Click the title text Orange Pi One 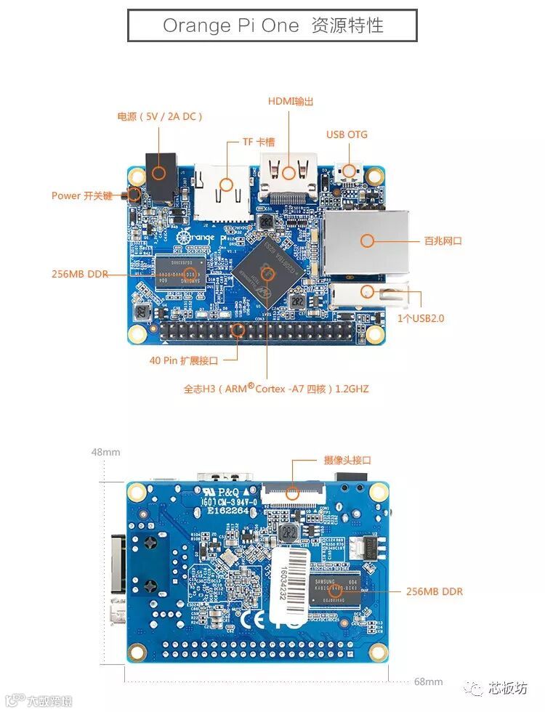pos(230,25)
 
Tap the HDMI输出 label pos(291,102)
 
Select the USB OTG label pos(347,134)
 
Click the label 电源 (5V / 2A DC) pos(160,116)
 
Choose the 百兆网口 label pos(443,240)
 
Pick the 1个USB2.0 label pos(421,318)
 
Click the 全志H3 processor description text pos(276,389)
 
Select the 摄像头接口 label pos(347,460)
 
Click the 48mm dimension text pos(105,452)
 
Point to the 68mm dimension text pos(428,681)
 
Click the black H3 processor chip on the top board pos(266,272)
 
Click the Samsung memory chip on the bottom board pos(335,590)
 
